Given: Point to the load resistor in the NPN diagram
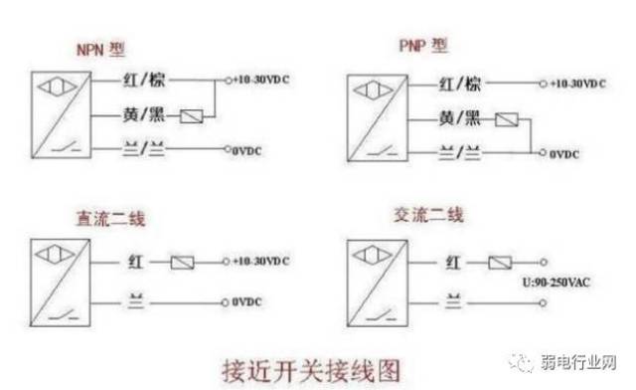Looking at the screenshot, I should pyautogui.click(x=192, y=116).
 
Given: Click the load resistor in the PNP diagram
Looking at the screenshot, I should pyautogui.click(x=507, y=121).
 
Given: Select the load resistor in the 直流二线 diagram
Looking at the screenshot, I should pyautogui.click(x=184, y=263).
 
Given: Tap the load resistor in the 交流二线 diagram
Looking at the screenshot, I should pyautogui.click(x=499, y=263).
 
